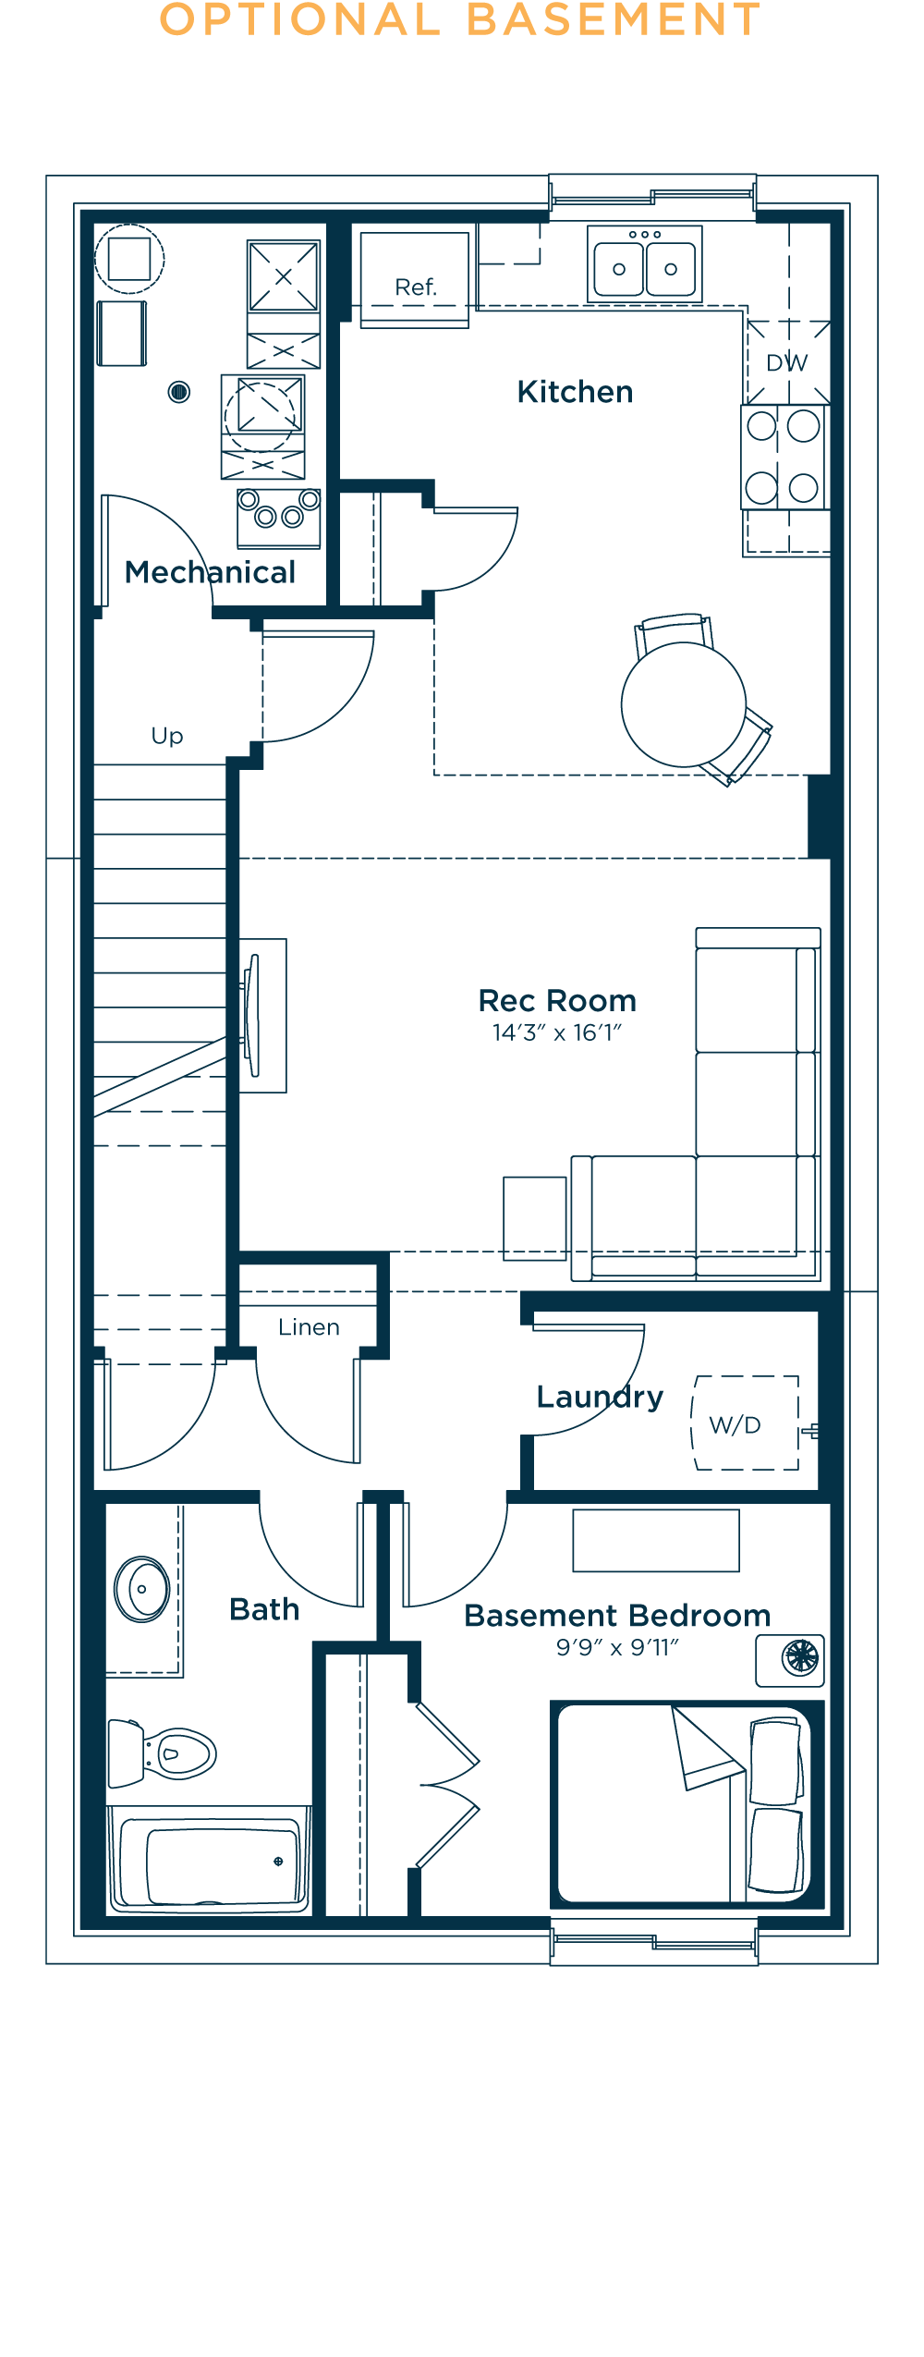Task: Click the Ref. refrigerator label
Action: (x=415, y=287)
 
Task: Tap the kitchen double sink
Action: (x=645, y=264)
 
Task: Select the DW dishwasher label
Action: (x=787, y=363)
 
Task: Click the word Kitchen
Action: (x=575, y=392)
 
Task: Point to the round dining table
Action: (x=684, y=704)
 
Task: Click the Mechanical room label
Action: (x=211, y=572)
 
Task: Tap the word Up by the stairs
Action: (x=167, y=736)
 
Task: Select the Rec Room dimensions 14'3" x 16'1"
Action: (x=557, y=1032)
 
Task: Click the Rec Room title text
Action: (x=557, y=1000)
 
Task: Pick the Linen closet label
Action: (x=309, y=1327)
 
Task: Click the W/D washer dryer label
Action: (x=736, y=1424)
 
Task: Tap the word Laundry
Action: (x=600, y=1398)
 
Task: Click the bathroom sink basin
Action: (x=142, y=1589)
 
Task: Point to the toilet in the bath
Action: (x=163, y=1752)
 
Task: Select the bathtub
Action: (x=210, y=1859)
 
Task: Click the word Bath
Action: (x=264, y=1609)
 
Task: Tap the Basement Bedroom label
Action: (x=617, y=1615)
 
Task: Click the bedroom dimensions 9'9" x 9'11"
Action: (x=617, y=1647)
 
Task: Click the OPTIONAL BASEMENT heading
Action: (x=460, y=19)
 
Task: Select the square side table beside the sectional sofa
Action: (x=535, y=1218)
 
